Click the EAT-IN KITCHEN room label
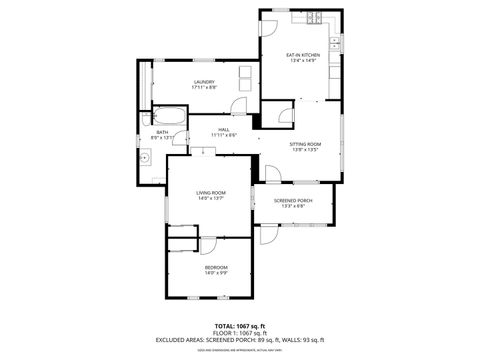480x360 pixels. point(302,55)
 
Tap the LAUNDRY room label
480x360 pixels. point(204,82)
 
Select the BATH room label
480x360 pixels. point(162,132)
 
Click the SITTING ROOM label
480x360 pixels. point(305,144)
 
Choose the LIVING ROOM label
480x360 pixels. point(210,192)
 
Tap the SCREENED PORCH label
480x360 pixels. point(293,201)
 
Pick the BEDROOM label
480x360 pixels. point(216,267)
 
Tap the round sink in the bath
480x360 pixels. point(145,156)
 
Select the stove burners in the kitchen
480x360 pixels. point(314,18)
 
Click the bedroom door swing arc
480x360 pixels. point(210,245)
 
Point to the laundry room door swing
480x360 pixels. point(240,107)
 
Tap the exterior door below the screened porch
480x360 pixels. point(267,235)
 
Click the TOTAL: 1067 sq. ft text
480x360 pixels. point(240,326)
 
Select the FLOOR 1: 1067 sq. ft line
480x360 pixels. point(240,333)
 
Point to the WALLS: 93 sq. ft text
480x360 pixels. point(306,340)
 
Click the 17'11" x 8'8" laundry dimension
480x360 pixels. point(204,88)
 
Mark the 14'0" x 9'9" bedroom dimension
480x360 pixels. point(216,273)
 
